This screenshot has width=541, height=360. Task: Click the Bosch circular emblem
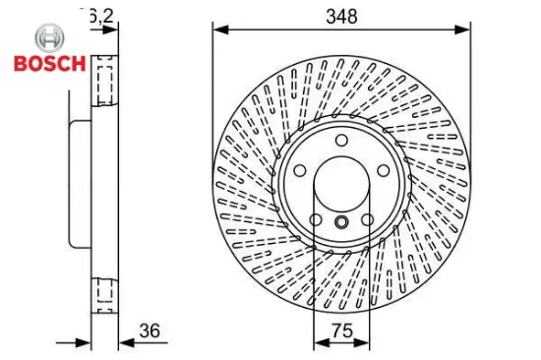pyautogui.click(x=46, y=39)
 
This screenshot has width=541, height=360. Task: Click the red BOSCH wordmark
pyautogui.click(x=47, y=65)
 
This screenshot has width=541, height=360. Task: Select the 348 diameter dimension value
pyautogui.click(x=342, y=16)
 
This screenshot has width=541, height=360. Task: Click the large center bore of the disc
pyautogui.click(x=341, y=183)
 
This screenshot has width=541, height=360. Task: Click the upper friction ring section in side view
pyautogui.click(x=104, y=83)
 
